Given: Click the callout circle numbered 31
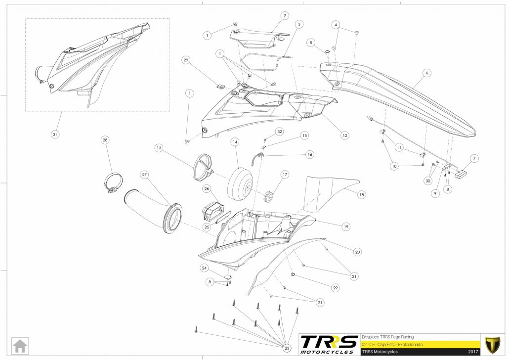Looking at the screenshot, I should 54,134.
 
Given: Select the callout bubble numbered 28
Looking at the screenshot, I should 105,140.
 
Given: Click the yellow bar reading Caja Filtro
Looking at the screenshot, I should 420,344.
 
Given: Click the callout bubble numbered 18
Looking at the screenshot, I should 362,195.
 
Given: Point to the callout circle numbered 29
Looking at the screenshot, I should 186,61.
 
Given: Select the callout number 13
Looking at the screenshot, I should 159,148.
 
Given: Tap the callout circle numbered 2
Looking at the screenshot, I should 285,16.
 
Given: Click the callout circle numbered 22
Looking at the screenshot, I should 335,287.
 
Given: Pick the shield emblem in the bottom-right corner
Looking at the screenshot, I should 492,344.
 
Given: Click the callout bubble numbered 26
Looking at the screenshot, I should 207,188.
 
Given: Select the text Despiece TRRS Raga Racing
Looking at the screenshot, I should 388,336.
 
